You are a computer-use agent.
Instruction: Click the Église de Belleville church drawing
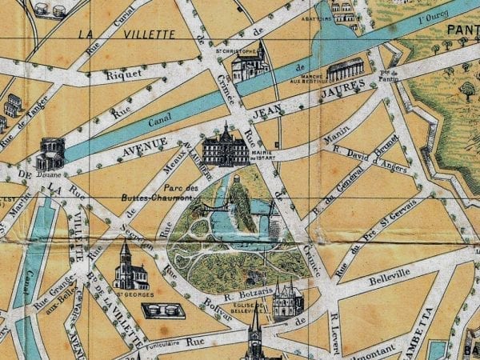click(x=287, y=300)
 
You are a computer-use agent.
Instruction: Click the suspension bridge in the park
click(x=210, y=208)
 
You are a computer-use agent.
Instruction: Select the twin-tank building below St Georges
click(x=163, y=309)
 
